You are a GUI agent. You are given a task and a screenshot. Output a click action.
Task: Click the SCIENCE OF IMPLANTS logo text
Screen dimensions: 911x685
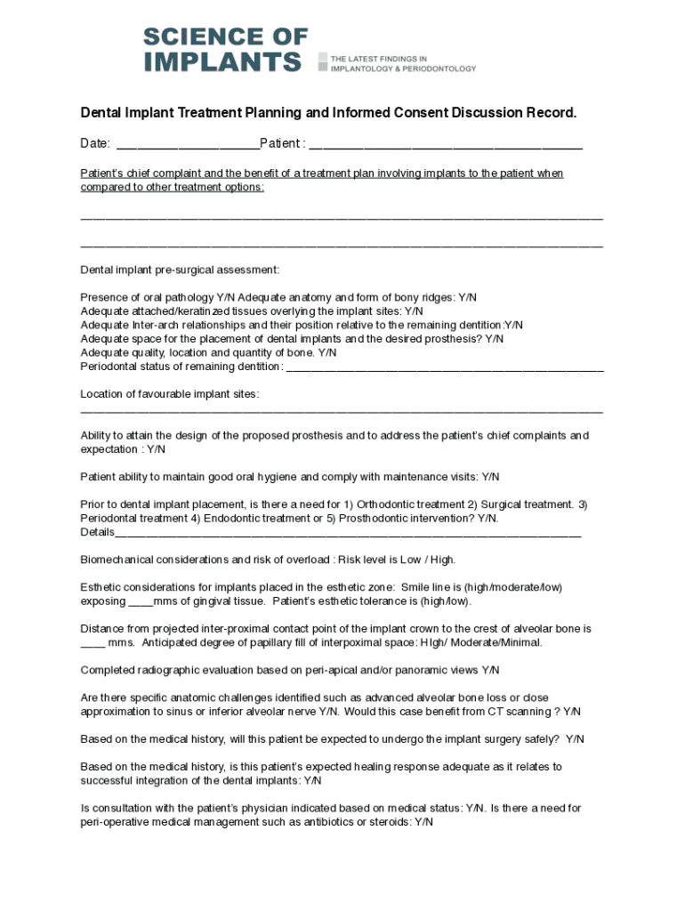click(225, 49)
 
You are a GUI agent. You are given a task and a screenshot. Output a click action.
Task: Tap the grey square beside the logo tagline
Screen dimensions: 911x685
click(322, 60)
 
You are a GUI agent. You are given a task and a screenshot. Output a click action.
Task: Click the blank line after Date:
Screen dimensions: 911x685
click(187, 144)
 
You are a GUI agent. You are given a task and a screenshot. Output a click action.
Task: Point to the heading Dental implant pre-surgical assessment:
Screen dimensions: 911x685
click(180, 270)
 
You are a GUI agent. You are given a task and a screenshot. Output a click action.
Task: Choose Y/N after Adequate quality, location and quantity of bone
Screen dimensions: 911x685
click(326, 352)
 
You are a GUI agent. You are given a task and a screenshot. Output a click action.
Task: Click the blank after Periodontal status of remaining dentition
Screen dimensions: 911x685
click(445, 367)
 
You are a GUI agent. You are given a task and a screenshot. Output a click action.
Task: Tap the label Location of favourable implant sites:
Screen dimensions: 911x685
click(170, 394)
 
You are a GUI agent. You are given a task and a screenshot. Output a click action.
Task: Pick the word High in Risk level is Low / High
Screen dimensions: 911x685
click(441, 560)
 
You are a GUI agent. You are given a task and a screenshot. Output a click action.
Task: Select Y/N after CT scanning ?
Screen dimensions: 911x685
click(571, 712)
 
